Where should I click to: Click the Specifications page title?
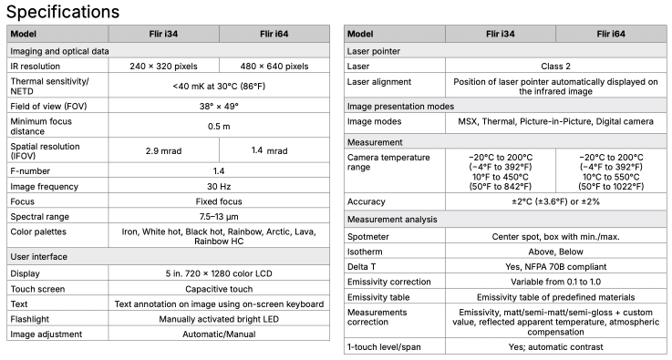[x=62, y=12]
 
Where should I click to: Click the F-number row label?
[x=29, y=170]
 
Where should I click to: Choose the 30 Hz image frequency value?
[x=218, y=185]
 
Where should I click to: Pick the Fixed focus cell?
[x=218, y=201]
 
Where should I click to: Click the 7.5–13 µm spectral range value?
[x=218, y=216]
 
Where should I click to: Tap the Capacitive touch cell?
[x=218, y=288]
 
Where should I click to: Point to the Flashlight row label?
[x=31, y=319]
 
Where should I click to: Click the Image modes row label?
[x=375, y=122]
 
